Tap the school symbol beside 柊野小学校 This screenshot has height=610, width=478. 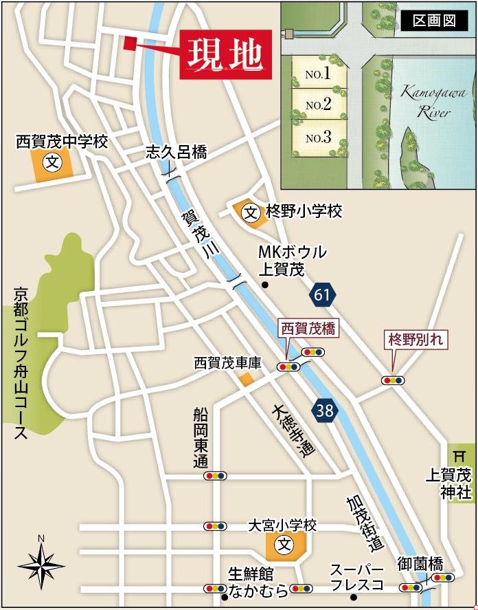(x=251, y=212)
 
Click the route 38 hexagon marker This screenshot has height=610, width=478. (x=324, y=411)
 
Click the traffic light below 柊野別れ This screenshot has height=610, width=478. (x=394, y=380)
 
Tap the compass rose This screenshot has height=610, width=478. (x=41, y=565)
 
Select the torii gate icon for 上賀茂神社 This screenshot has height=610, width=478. (x=459, y=454)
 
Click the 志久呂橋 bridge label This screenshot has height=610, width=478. (x=175, y=153)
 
